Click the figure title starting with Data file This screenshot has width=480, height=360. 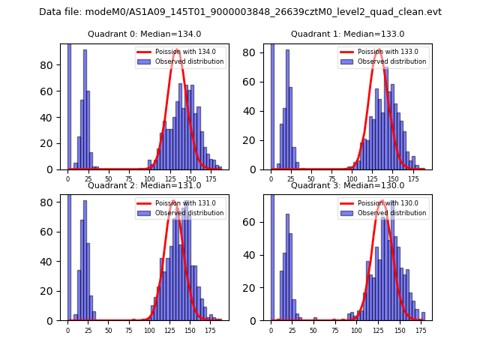click(x=240, y=12)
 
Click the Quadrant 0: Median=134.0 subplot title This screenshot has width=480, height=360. click(x=145, y=34)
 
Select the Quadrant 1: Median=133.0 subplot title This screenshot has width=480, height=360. click(x=347, y=34)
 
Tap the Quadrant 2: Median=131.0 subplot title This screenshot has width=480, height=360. click(x=145, y=185)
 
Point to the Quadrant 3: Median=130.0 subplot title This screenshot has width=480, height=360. click(x=347, y=185)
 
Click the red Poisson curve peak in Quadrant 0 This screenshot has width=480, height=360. click(x=177, y=49)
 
